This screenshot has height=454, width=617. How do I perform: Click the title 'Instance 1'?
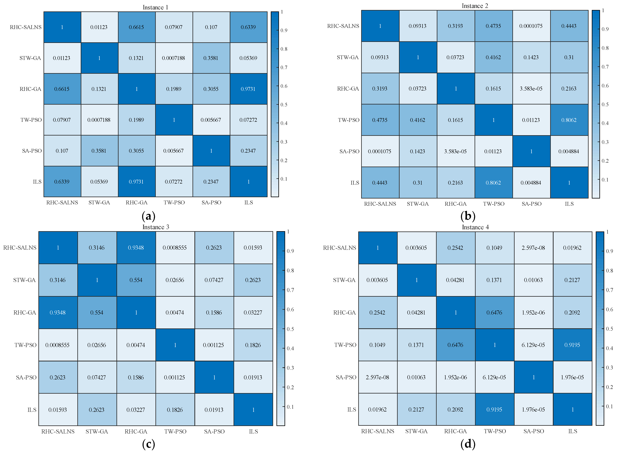pos(155,7)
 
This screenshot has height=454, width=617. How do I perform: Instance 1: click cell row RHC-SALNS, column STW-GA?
pos(99,27)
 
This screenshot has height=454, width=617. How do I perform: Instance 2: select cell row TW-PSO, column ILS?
pos(569,120)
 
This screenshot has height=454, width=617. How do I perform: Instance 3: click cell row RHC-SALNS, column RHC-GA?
pos(136,248)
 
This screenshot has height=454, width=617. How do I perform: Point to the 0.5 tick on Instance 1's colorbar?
pos(283,105)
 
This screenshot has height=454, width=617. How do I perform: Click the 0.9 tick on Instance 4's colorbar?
pos(609,251)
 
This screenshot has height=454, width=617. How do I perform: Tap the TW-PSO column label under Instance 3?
pos(175,431)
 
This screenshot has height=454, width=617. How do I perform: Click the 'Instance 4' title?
pos(475,227)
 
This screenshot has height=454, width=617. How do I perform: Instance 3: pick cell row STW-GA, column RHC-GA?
pos(136,280)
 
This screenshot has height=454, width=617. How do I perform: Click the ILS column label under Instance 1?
pos(248,203)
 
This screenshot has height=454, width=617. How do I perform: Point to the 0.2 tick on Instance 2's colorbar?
pos(605,161)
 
